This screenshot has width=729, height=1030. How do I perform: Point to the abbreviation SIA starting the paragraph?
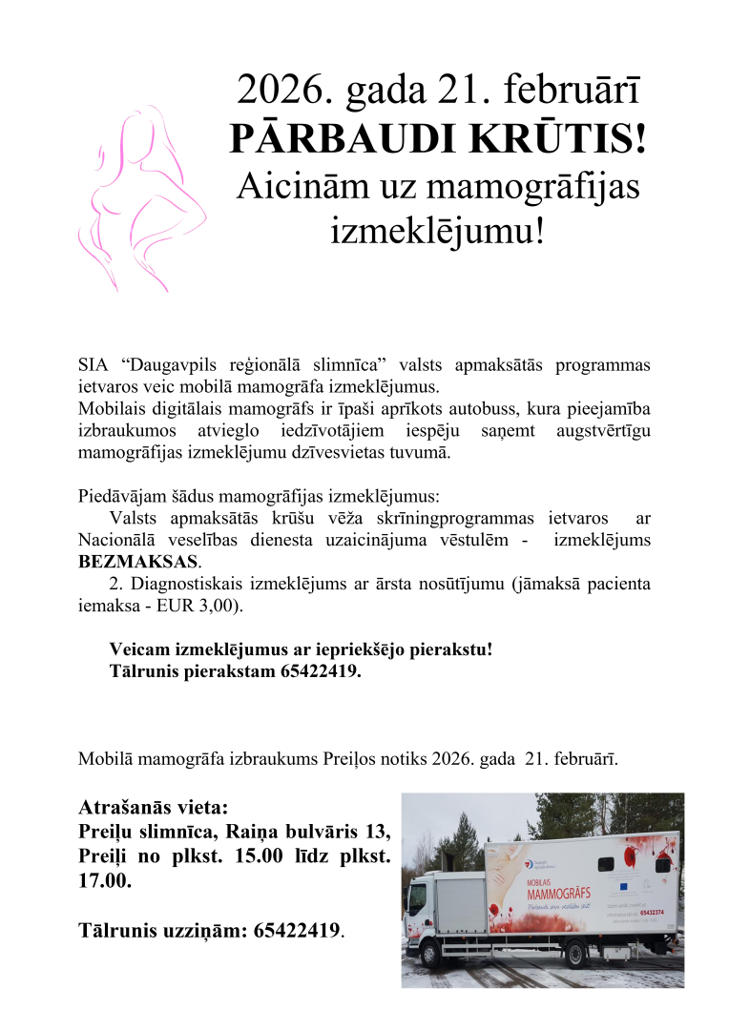[x=93, y=365]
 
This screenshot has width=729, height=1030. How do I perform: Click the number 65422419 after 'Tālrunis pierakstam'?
[x=320, y=670]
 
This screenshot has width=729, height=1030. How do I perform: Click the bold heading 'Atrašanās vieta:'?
[x=154, y=807]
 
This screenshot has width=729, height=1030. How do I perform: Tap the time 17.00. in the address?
[x=105, y=881]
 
